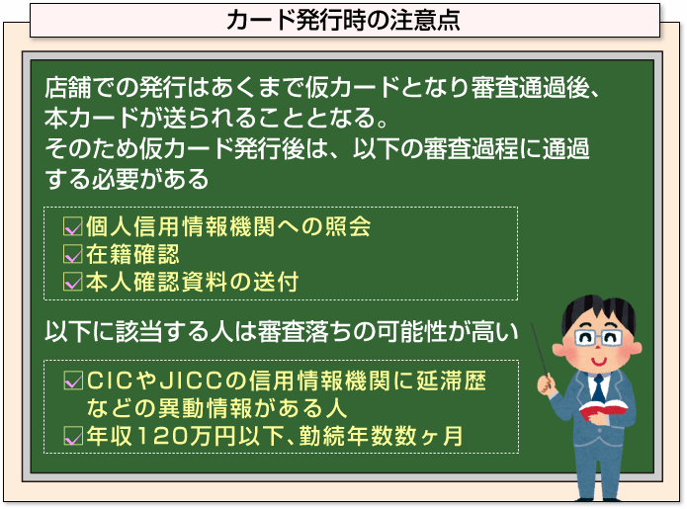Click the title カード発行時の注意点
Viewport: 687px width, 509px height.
coord(343,20)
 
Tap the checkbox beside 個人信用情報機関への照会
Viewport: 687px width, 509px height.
coord(73,226)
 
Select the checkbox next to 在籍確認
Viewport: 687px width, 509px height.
coord(73,254)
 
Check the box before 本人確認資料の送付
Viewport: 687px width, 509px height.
coord(73,282)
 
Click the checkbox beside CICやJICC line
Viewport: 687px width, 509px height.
coord(73,381)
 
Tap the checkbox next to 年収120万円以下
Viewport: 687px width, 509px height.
coord(73,436)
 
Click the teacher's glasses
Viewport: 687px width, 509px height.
coord(598,338)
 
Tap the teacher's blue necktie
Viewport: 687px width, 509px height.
coord(598,388)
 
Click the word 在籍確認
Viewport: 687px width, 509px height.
coord(132,254)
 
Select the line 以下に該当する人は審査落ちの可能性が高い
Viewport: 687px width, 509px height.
coord(282,331)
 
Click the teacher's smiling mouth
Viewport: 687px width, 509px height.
coord(598,361)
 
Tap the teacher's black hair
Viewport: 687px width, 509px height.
coord(598,312)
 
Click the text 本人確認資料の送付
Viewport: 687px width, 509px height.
coord(193,282)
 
